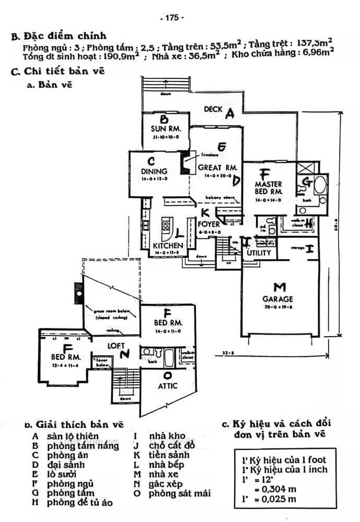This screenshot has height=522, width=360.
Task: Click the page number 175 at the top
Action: point(172,17)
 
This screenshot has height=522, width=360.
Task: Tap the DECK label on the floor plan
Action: point(212,110)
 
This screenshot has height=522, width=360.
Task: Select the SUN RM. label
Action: point(165,128)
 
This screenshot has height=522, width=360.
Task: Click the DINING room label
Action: point(154,171)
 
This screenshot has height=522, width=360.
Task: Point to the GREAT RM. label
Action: point(218,168)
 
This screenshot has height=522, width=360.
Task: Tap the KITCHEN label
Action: point(167,245)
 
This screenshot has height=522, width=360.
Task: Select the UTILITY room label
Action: point(259,253)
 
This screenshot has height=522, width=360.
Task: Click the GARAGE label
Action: point(278,299)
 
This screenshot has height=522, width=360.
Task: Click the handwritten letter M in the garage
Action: point(280,287)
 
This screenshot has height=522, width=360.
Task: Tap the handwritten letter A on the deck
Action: point(229,114)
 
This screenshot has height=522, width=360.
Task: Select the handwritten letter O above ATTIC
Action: point(167,375)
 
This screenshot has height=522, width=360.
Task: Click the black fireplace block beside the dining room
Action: point(185,163)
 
